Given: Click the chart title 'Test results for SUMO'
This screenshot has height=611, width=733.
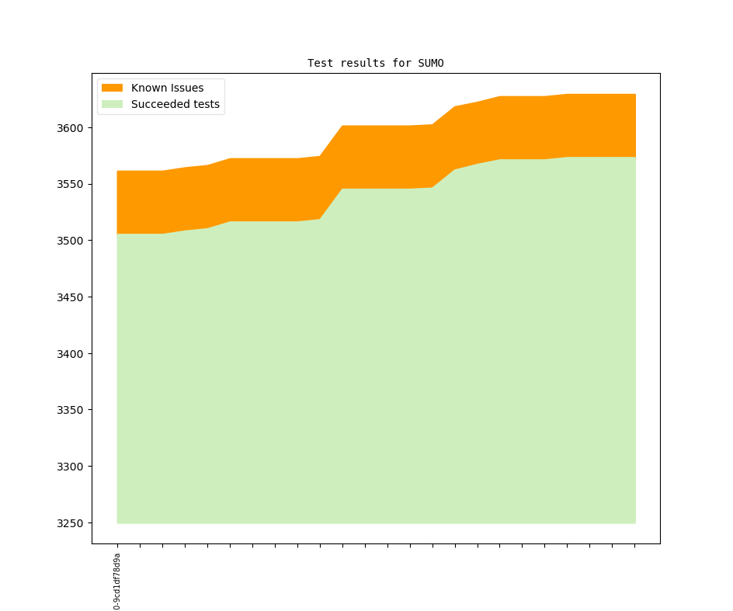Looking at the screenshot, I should [x=376, y=63].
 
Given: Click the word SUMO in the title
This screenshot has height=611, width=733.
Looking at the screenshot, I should [x=431, y=63].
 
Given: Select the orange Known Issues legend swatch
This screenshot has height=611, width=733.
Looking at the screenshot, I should [x=113, y=88].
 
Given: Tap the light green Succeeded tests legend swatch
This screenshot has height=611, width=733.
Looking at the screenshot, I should [x=113, y=104].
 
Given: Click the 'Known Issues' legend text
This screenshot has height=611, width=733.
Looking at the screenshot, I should [x=167, y=88].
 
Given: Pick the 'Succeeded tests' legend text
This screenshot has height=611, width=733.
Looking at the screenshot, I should [x=175, y=104].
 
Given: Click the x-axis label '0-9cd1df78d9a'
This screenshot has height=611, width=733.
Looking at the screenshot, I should [x=117, y=581].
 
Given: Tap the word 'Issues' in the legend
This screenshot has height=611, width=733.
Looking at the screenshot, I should [x=186, y=88].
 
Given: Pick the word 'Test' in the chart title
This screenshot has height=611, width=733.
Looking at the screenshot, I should [x=321, y=63].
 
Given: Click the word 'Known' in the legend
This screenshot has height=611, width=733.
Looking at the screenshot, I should [x=148, y=88].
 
